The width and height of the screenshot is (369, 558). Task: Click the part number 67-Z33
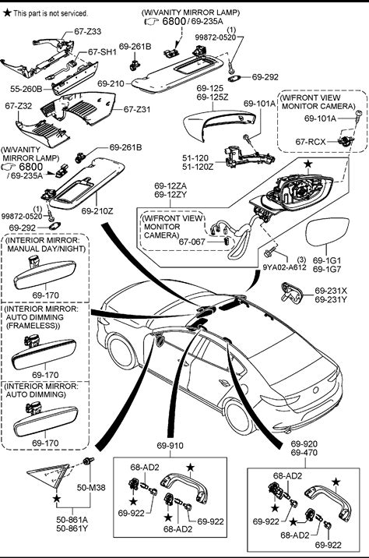(87, 31)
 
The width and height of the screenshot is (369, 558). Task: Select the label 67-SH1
(103, 52)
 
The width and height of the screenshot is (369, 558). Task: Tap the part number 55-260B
(26, 89)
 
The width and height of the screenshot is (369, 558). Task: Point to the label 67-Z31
(137, 109)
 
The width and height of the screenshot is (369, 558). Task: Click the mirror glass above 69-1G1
(327, 232)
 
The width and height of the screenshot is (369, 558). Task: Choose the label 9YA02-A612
(284, 267)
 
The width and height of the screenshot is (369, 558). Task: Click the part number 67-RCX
(311, 142)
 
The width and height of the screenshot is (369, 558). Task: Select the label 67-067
(192, 242)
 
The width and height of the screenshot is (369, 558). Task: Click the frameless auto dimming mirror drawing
(44, 353)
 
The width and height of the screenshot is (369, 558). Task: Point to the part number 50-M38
(91, 488)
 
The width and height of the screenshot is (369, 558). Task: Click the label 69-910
(170, 446)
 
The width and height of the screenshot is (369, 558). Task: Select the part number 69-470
(304, 453)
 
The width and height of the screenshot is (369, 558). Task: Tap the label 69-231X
(331, 291)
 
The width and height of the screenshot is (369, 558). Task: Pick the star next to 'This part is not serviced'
(7, 13)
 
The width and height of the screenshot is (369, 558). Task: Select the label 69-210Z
(97, 211)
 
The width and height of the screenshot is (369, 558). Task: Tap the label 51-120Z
(198, 167)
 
